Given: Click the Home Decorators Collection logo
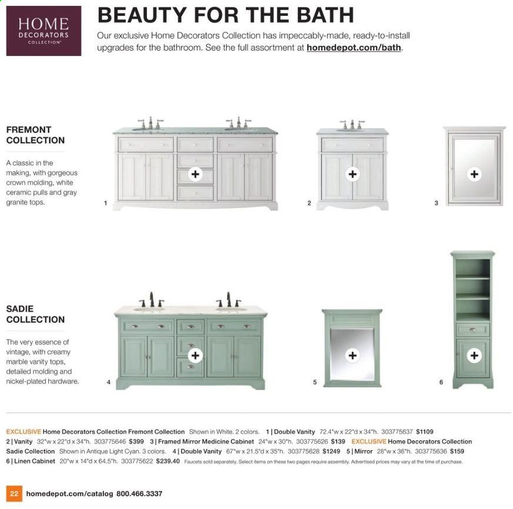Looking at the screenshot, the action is click(43, 31).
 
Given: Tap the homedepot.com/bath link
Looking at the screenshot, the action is click(354, 48).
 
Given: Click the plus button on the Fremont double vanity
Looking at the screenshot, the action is click(195, 174).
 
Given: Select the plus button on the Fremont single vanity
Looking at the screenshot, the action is click(353, 174).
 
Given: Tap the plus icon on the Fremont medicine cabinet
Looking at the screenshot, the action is click(474, 174).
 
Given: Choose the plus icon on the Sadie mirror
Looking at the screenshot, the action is click(353, 355).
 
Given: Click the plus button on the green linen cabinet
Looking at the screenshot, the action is click(474, 355).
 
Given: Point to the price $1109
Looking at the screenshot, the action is click(425, 432).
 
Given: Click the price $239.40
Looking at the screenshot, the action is click(168, 461).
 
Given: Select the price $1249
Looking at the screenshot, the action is click(331, 451).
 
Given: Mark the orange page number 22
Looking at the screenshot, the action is click(14, 494).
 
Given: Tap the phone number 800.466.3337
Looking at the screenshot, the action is click(139, 494).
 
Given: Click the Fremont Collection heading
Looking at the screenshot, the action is click(35, 135).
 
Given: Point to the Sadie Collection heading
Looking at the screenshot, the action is click(35, 314).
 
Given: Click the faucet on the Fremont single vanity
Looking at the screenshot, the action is click(352, 125).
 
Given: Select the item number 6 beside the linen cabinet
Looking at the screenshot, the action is click(441, 382).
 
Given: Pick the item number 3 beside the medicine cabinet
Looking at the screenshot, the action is click(436, 203).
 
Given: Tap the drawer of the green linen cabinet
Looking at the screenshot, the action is click(473, 330).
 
